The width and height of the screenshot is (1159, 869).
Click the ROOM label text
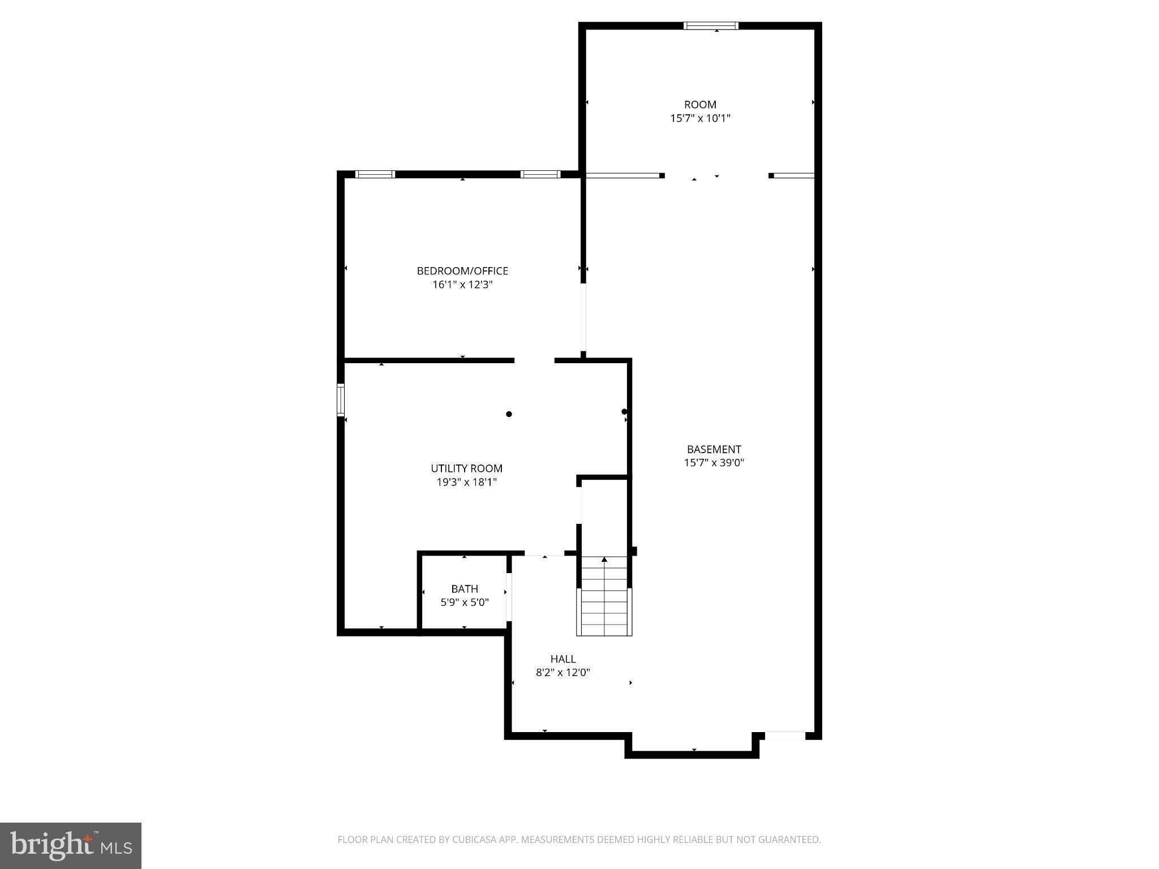pyautogui.click(x=700, y=105)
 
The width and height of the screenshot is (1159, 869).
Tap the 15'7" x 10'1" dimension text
pyautogui.click(x=700, y=118)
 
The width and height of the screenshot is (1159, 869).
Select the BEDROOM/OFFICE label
pyautogui.click(x=462, y=271)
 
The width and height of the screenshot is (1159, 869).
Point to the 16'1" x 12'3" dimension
pyautogui.click(x=462, y=285)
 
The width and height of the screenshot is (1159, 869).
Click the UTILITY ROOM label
pyautogui.click(x=466, y=468)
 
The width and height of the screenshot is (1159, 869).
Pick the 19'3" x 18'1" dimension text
pyautogui.click(x=466, y=482)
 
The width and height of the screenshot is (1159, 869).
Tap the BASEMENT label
pyautogui.click(x=714, y=449)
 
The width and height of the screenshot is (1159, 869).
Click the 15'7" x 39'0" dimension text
pyautogui.click(x=714, y=463)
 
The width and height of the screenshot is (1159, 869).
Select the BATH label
pyautogui.click(x=465, y=589)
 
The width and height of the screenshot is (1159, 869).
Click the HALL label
pyautogui.click(x=563, y=659)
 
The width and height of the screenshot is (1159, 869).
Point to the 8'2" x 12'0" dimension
pyautogui.click(x=563, y=673)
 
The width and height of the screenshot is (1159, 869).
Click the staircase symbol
pyautogui.click(x=604, y=596)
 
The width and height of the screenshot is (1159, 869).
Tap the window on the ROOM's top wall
pyautogui.click(x=711, y=25)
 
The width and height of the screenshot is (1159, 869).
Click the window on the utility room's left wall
pyautogui.click(x=341, y=400)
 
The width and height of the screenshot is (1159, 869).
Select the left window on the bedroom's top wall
pyautogui.click(x=375, y=174)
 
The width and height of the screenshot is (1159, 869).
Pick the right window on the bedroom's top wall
pyautogui.click(x=540, y=174)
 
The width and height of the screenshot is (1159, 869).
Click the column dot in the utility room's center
pyautogui.click(x=509, y=414)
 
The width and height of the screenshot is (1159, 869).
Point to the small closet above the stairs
pyautogui.click(x=604, y=515)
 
